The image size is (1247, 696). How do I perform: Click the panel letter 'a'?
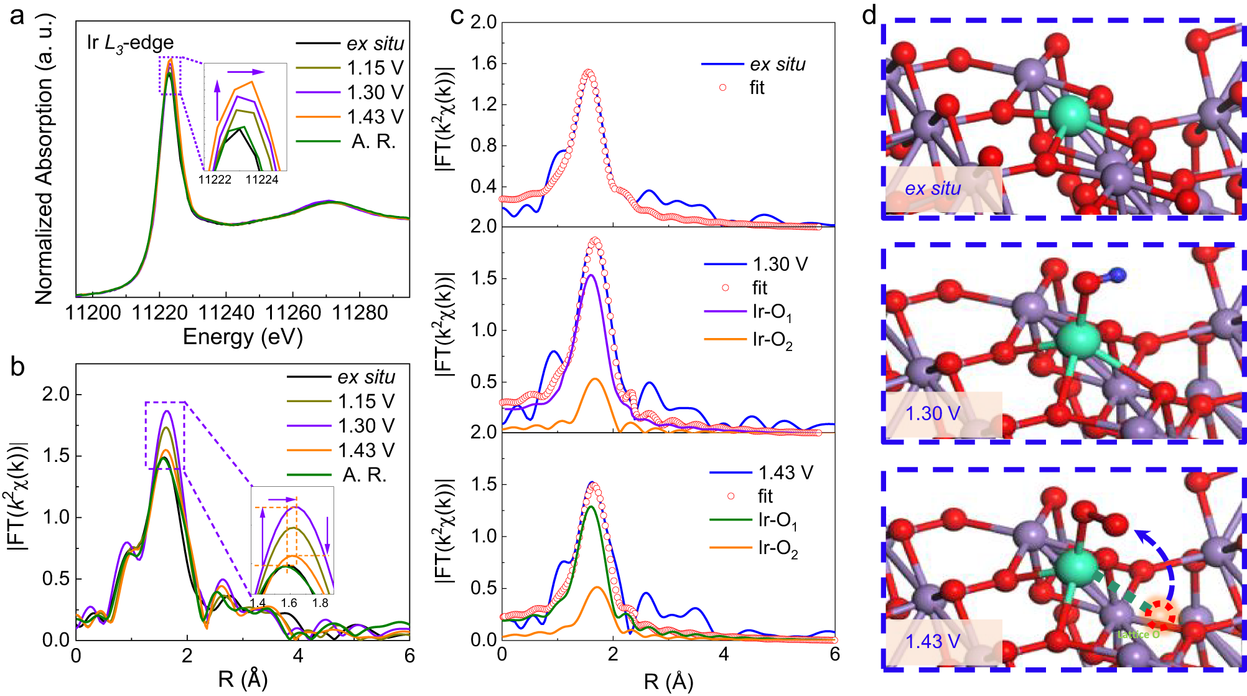point(17,15)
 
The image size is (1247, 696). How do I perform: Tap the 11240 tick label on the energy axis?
point(226,313)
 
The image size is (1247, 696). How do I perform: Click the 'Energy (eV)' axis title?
point(243,337)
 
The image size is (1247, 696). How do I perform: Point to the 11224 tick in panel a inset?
point(262,180)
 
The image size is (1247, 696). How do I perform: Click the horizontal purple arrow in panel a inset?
point(245,72)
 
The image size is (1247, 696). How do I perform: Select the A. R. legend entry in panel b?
point(365,475)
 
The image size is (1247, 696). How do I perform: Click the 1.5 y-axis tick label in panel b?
point(57,456)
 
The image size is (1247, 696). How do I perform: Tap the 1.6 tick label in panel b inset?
point(289,603)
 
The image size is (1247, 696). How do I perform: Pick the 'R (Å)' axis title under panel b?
point(243,679)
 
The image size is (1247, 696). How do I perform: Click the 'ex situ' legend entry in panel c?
point(777,64)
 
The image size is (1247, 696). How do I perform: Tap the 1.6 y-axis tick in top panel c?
point(483,63)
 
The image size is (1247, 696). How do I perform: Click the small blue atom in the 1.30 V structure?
point(1118,275)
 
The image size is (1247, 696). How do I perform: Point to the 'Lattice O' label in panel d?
point(1138,634)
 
